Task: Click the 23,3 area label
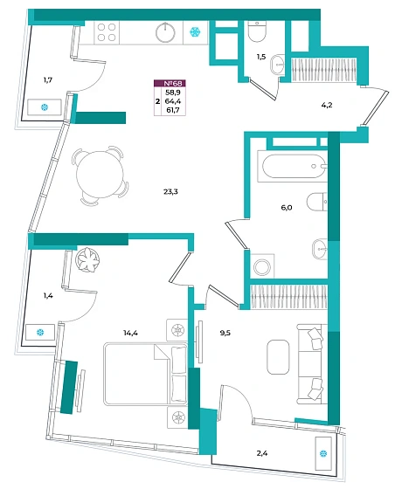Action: [x=170, y=192]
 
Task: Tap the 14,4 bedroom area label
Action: [x=130, y=333]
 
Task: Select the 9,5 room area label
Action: [x=225, y=333]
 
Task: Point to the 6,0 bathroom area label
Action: [x=287, y=208]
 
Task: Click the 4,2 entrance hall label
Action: [x=327, y=105]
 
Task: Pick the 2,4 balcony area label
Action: [x=262, y=453]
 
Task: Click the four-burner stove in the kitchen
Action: [x=107, y=32]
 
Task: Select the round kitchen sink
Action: [x=165, y=32]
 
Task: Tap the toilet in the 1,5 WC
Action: [x=257, y=31]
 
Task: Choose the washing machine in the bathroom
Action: [x=262, y=266]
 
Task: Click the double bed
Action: [x=145, y=375]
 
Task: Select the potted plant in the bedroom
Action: [x=87, y=259]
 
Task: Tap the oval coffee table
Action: [x=278, y=357]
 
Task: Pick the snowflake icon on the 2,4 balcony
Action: [x=323, y=453]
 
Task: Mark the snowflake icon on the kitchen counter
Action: [x=196, y=31]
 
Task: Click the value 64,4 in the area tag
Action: [x=173, y=101]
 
